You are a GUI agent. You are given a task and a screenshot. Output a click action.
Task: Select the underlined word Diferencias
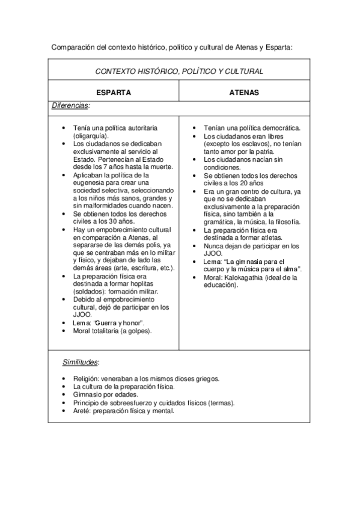pos(70,105)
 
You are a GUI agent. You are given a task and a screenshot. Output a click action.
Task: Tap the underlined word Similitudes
pos(81,363)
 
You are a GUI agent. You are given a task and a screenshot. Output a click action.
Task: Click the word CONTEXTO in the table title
pos(115,71)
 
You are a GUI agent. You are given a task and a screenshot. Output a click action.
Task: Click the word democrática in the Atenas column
pos(279,129)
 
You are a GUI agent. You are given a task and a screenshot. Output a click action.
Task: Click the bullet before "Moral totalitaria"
pos(64,331)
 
